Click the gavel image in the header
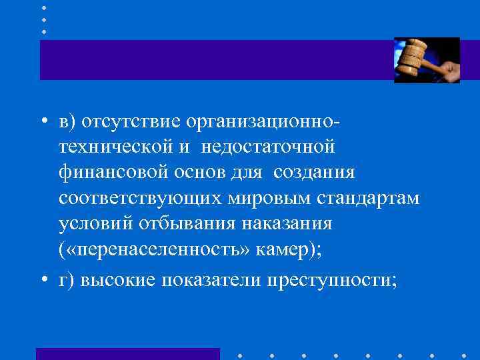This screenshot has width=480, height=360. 427,60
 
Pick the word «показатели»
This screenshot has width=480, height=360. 210,279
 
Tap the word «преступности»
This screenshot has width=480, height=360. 331,279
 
